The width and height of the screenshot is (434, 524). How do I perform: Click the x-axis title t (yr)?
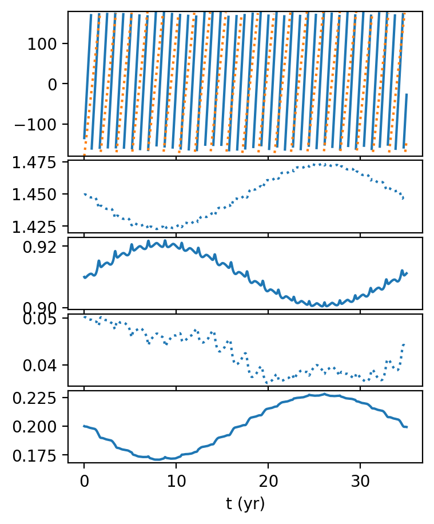tap(245, 503)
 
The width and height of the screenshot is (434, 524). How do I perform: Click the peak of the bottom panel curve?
tap(324, 394)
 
